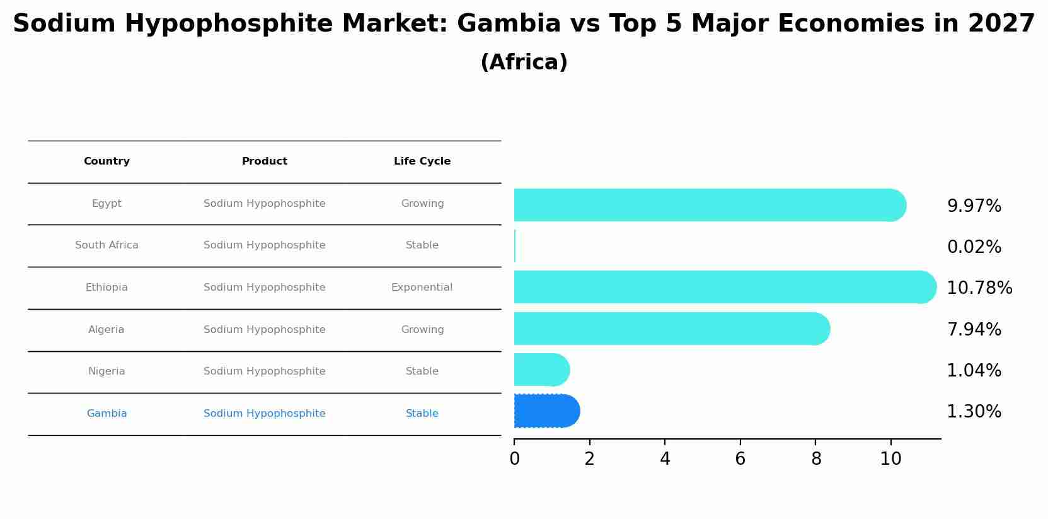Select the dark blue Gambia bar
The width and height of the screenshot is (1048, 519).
[546, 411]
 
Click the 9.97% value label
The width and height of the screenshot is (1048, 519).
[974, 206]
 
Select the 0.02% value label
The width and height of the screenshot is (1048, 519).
[974, 247]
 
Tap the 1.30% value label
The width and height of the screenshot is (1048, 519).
[974, 412]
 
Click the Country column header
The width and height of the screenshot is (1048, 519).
[107, 161]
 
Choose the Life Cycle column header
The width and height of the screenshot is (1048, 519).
[422, 161]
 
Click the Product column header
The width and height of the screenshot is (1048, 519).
[265, 161]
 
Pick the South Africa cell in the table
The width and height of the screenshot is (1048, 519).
[107, 245]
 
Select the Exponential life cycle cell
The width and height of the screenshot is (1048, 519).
[422, 288]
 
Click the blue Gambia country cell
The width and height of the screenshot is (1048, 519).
[107, 414]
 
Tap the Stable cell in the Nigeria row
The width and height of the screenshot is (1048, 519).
[422, 371]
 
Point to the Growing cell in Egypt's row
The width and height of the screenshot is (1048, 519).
[422, 204]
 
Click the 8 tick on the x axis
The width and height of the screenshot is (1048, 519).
[815, 459]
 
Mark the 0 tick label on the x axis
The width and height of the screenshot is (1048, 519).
[514, 459]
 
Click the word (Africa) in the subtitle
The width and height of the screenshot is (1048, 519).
[524, 62]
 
